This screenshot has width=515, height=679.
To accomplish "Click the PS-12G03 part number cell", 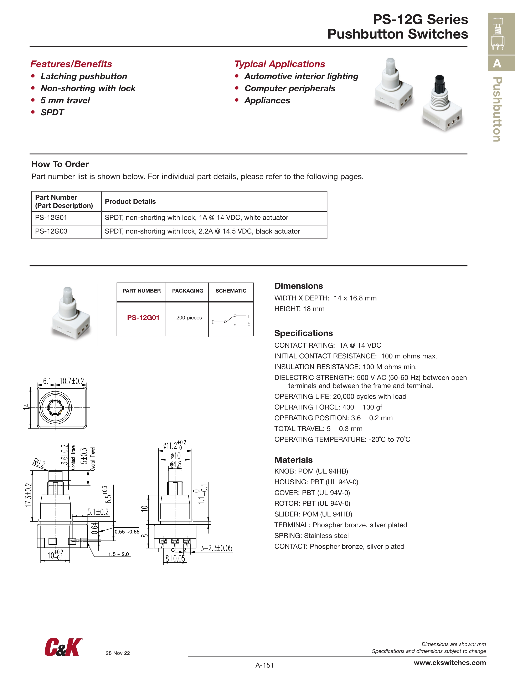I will coord(51,231).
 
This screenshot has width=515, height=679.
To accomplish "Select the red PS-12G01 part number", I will coord(143,318).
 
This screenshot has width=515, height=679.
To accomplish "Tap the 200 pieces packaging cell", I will coord(189,318).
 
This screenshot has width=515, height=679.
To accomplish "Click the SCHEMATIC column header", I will coord(231,291).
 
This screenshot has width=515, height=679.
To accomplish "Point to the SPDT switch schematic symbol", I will coord(231,320).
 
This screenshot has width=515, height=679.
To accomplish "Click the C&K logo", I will coord(63,647).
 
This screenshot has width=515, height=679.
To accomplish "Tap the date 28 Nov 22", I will coord(118,653).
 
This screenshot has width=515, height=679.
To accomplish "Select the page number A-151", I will coord(264,665).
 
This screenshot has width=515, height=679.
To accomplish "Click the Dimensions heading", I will coord(298,286).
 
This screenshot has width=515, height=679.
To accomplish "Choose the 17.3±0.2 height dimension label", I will coord(28,495).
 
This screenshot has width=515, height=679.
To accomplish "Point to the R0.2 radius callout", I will coord(39,463).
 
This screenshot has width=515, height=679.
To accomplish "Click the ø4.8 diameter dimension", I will coord(176,464).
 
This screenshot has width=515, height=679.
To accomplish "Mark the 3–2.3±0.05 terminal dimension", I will coord(216,548).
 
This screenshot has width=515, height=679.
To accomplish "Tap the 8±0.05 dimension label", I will coord(175,558).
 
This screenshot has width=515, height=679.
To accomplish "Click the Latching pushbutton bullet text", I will coord(84,76).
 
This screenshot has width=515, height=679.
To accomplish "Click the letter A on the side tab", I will coord(497,63).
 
